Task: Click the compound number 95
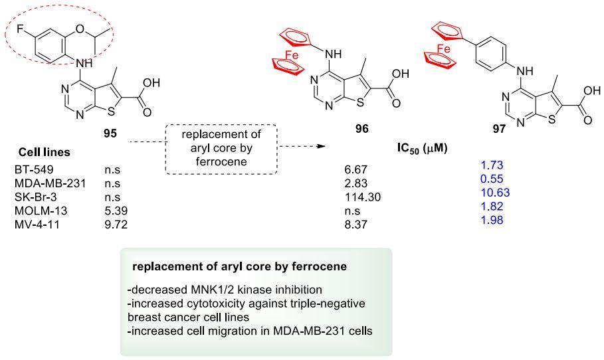[x=110, y=134]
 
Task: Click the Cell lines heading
[x=44, y=152]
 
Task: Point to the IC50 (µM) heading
[x=419, y=147]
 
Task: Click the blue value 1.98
[x=488, y=220]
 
